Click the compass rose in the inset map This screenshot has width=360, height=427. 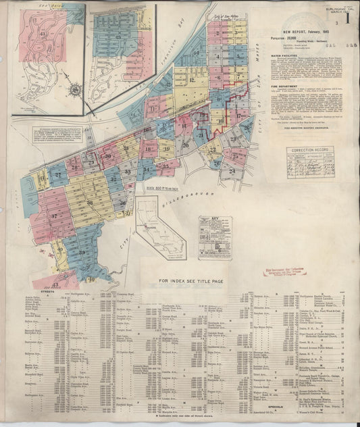pos(73,87)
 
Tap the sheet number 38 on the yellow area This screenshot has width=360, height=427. pos(89,202)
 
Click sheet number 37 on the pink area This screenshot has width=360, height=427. pos(53,216)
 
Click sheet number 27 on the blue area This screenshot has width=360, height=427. pos(59,175)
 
